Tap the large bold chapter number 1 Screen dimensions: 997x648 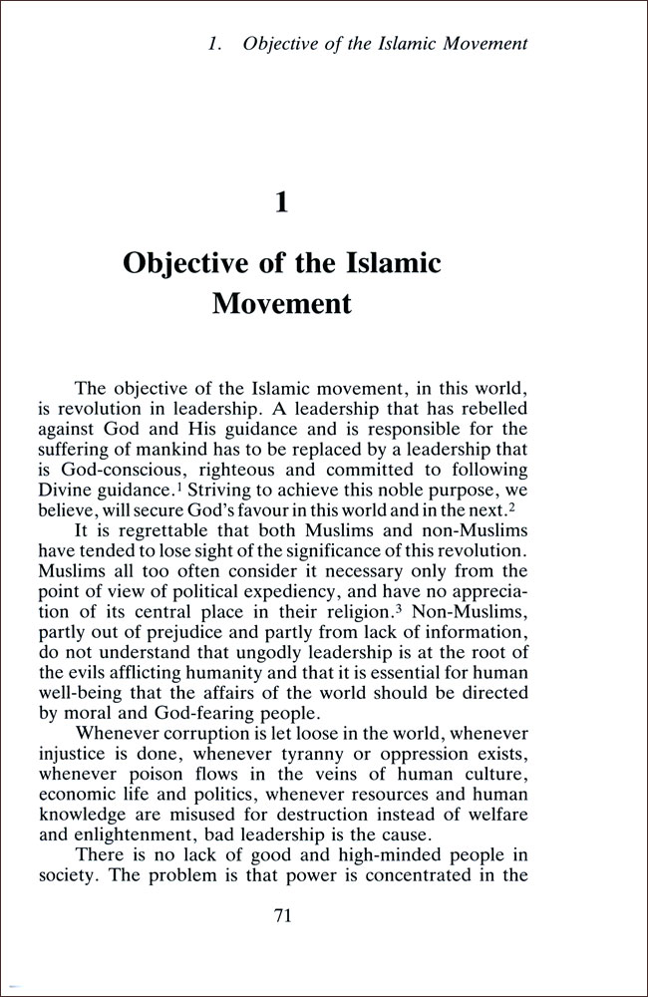(x=282, y=202)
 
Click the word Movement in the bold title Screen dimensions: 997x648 (x=282, y=302)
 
